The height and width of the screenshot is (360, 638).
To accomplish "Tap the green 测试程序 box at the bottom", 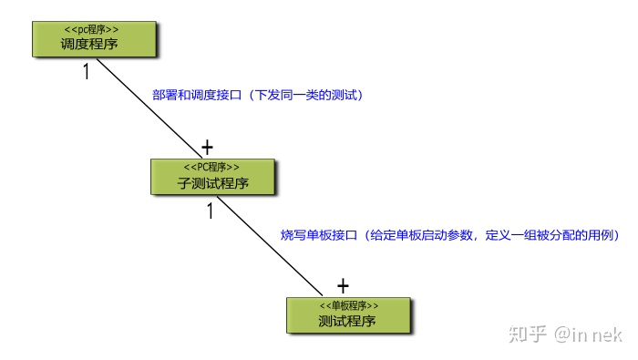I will click(348, 314).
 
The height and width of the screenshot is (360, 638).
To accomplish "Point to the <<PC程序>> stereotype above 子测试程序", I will click(212, 167).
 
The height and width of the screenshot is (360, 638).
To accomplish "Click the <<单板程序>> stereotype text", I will click(349, 305).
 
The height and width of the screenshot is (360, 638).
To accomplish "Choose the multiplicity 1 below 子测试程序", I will click(210, 211).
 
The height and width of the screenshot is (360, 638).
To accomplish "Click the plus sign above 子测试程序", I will click(207, 146).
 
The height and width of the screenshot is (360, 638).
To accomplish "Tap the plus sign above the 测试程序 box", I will click(343, 284).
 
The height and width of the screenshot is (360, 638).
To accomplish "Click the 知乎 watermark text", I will click(532, 335).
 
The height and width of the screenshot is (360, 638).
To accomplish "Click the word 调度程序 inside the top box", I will click(88, 44).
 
